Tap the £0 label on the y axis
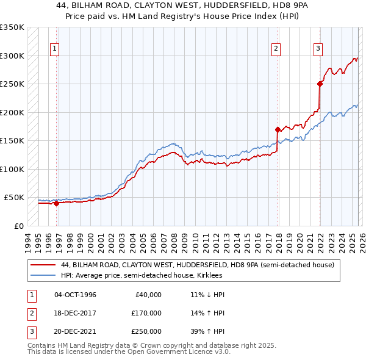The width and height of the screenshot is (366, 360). pos(18,226)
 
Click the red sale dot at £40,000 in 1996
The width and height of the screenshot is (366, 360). pos(57,203)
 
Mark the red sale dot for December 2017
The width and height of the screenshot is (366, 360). pos(278,129)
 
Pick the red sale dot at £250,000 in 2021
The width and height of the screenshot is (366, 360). pos(320,84)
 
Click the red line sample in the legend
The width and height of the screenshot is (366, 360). pos(44,265)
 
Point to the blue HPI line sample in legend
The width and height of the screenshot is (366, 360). pos(44,275)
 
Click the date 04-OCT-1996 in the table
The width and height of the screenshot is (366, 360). pos(75,295)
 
